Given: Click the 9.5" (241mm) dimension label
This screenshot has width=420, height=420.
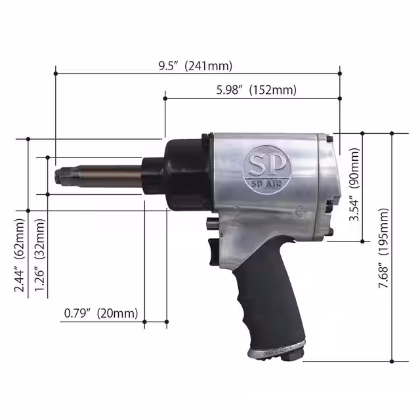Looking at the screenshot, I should [x=195, y=66].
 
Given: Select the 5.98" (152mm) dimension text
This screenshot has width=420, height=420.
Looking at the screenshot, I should [x=256, y=90].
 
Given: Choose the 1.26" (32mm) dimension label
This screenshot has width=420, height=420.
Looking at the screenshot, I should [x=41, y=262].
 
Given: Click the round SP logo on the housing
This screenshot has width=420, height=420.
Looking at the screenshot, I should [x=261, y=165].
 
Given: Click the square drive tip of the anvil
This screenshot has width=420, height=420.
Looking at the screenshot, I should [x=63, y=176].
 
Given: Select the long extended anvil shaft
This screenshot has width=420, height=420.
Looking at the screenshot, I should [x=105, y=176].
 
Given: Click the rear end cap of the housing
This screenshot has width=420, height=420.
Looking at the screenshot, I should [x=328, y=184].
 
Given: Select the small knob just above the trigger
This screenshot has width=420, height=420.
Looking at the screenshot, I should [x=209, y=224].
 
